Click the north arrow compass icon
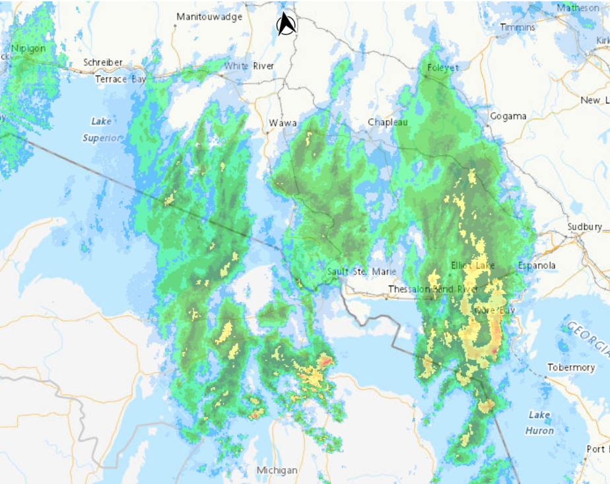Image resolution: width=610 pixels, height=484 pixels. pyautogui.click(x=286, y=24)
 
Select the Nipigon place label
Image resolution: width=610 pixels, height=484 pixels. pyautogui.click(x=28, y=48)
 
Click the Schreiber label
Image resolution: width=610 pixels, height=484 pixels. pyautogui.click(x=103, y=63)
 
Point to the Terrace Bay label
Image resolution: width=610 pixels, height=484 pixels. pyautogui.click(x=120, y=78)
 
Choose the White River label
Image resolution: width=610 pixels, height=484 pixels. pyautogui.click(x=249, y=66)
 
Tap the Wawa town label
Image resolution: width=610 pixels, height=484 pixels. pyautogui.click(x=283, y=123)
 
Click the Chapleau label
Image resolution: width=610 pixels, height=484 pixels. pyautogui.click(x=388, y=122)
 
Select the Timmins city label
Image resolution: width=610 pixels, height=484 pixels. pyautogui.click(x=518, y=27)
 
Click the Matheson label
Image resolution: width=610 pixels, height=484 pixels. pyautogui.click(x=578, y=8)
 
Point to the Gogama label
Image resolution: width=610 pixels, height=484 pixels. pyautogui.click(x=508, y=116)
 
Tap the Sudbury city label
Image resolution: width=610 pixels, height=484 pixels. pyautogui.click(x=584, y=227)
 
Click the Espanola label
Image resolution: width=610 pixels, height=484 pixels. pyautogui.click(x=537, y=265)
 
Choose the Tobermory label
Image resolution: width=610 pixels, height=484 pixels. pyautogui.click(x=571, y=367)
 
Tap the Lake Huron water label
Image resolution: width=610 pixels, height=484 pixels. pyautogui.click(x=539, y=422)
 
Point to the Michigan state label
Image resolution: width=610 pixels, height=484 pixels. pyautogui.click(x=277, y=470)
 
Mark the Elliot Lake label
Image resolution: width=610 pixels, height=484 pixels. pyautogui.click(x=472, y=265)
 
